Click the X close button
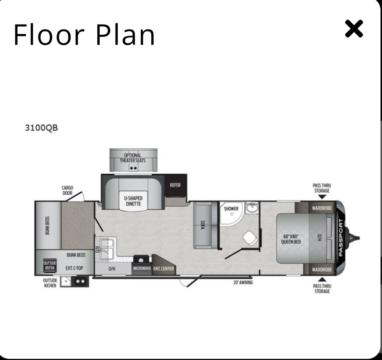(354, 29)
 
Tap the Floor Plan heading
(84, 35)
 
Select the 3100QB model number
(41, 128)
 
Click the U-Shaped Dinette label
(133, 201)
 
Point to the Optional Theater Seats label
(133, 158)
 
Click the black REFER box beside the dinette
(175, 186)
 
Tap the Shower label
(231, 209)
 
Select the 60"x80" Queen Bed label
(291, 239)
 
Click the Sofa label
(202, 225)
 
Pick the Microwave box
(142, 269)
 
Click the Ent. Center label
(163, 269)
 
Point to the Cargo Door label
(67, 190)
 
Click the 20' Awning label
(243, 283)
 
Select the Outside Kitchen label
(50, 283)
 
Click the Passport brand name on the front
(341, 238)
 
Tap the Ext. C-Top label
(74, 268)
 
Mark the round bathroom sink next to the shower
(251, 208)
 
